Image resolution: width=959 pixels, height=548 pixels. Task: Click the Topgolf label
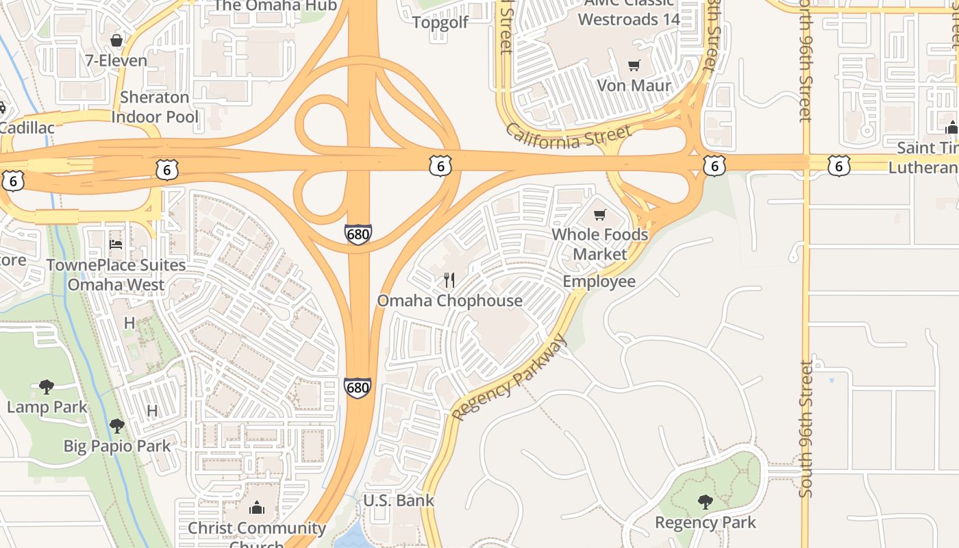pos(440,23)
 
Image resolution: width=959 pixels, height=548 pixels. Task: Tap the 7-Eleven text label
pos(116,60)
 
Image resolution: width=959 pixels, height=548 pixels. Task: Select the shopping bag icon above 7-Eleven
pos(116,40)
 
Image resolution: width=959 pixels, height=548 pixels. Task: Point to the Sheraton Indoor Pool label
pos(155,107)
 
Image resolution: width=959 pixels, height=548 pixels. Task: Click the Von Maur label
pos(634,86)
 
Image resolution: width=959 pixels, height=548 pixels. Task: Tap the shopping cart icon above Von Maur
pos(634,66)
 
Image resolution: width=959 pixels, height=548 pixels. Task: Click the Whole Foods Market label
pos(600,244)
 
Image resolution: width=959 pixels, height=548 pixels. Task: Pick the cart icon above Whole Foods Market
pos(600,214)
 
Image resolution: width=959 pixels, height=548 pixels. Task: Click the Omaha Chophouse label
pos(449,301)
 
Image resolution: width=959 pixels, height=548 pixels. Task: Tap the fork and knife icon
pos(449,279)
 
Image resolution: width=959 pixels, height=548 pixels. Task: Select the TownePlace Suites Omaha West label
pos(116,275)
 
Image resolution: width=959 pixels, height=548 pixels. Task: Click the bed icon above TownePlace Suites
pos(116,244)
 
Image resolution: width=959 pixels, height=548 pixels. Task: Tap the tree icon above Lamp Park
pos(47,387)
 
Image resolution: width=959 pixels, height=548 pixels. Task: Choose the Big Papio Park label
pos(117,446)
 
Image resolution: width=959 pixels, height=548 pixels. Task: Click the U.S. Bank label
pos(398,500)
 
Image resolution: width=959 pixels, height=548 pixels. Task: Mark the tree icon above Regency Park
pos(706,502)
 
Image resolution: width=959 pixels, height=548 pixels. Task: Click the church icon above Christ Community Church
pos(257,508)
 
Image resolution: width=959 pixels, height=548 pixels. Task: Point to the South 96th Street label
pos(806,428)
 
